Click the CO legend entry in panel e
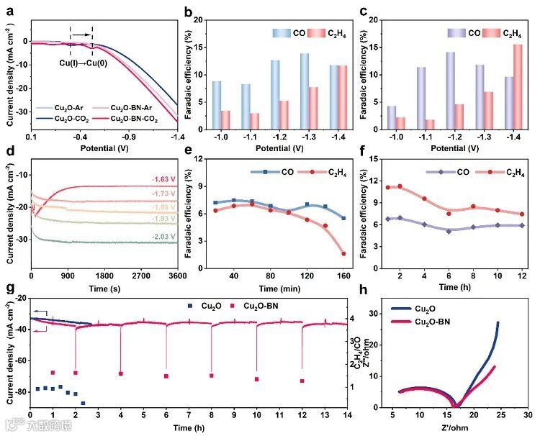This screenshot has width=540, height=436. tap(275, 172)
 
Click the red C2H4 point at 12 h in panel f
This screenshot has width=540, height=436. tap(522, 214)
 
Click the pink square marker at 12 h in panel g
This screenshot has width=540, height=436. tap(302, 381)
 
